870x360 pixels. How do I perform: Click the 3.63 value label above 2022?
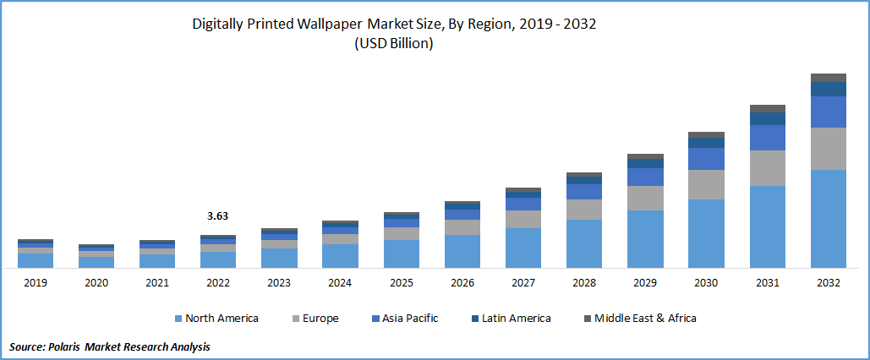tap(218, 216)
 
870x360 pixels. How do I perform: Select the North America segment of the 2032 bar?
tap(829, 218)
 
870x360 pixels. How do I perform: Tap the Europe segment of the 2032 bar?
tap(829, 149)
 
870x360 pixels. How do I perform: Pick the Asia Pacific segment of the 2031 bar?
tap(768, 137)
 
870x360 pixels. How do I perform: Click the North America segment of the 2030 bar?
tap(706, 233)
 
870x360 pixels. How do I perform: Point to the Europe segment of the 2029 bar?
tap(645, 198)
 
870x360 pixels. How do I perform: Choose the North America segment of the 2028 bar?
tap(584, 243)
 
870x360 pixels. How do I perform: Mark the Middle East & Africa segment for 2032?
tap(829, 78)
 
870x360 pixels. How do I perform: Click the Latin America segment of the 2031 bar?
tap(768, 118)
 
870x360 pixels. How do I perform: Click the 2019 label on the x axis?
tap(35, 283)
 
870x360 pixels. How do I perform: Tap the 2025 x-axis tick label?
tap(401, 283)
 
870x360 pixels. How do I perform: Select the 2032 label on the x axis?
tap(829, 283)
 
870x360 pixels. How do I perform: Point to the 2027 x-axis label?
tap(523, 283)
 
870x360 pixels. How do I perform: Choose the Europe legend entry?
tap(318, 319)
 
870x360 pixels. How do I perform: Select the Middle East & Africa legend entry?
tap(645, 319)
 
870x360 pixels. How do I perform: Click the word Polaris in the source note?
tap(72, 347)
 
